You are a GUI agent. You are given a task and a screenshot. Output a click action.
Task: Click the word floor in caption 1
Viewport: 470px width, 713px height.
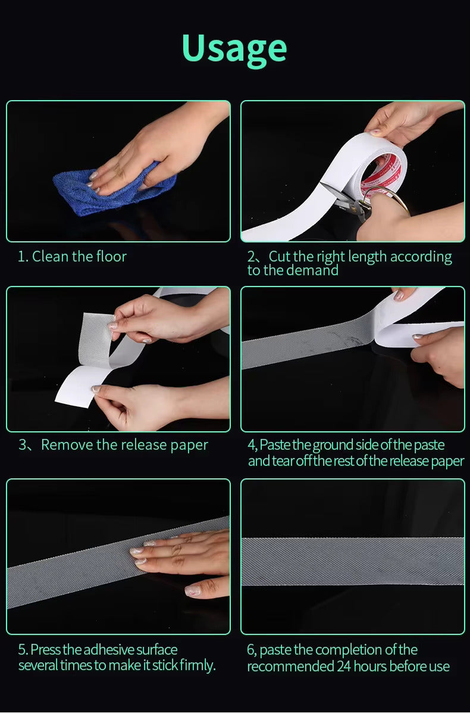click(110, 257)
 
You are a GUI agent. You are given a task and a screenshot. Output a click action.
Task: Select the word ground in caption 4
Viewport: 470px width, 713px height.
click(333, 445)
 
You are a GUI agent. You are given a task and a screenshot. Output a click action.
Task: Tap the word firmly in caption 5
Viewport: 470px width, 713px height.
click(198, 665)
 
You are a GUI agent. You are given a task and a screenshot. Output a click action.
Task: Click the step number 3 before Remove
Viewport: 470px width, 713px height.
click(22, 445)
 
